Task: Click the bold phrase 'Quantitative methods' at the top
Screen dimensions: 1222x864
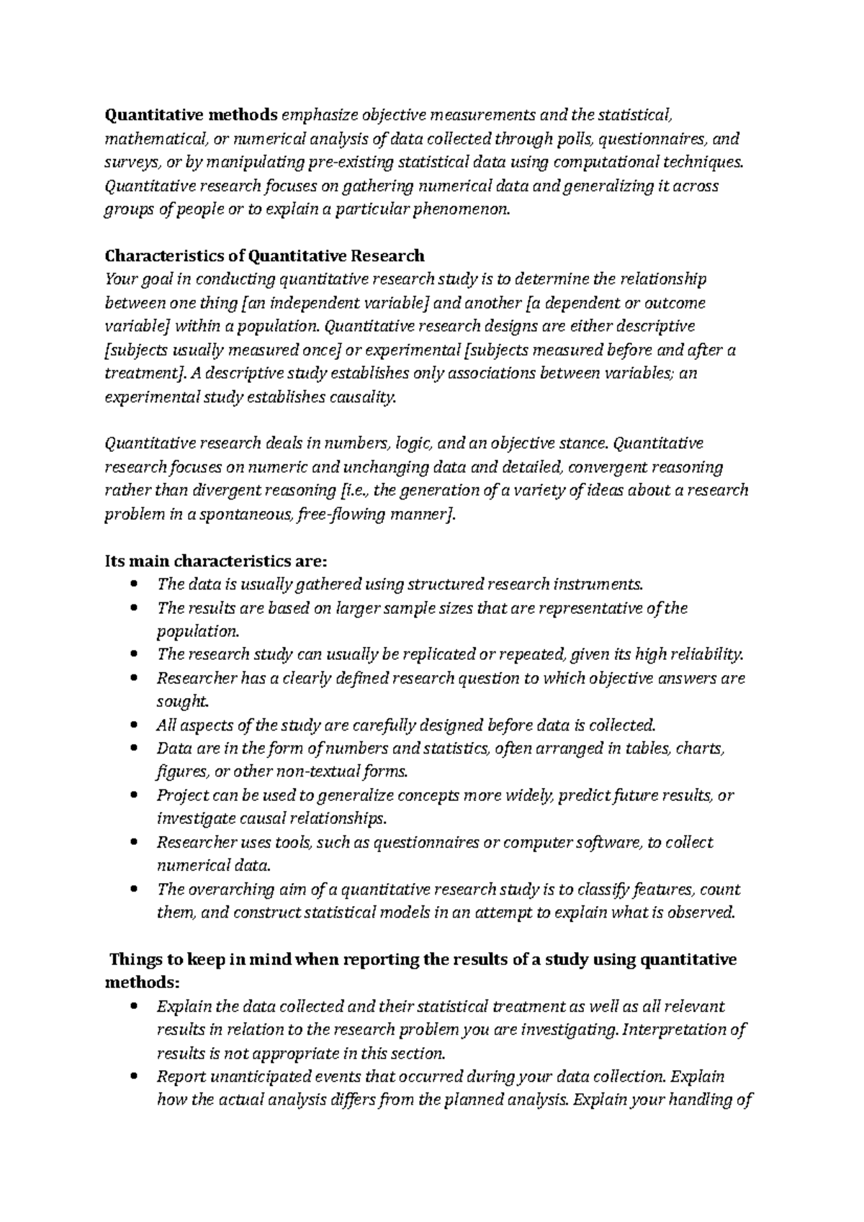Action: (191, 115)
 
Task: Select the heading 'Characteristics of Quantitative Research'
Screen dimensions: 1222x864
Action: (264, 256)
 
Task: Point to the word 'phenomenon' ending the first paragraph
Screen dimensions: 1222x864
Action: (461, 210)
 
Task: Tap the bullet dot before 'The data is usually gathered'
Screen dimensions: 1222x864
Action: (134, 584)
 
